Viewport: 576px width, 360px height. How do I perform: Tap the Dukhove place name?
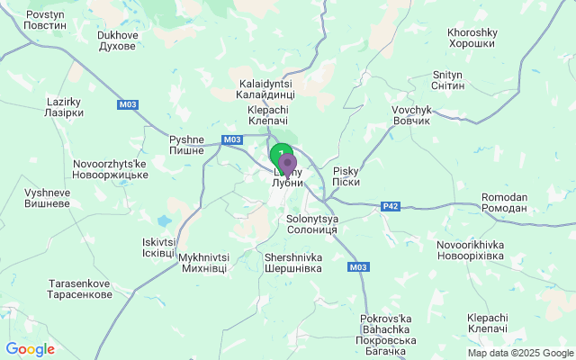tap(117, 41)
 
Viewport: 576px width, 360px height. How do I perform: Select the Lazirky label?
tap(64, 108)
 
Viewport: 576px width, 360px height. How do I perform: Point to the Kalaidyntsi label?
tap(265, 88)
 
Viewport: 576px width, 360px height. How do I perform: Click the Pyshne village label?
tap(188, 146)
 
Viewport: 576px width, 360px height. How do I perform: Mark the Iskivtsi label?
tap(159, 247)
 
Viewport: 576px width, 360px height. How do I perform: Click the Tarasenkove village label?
tap(80, 290)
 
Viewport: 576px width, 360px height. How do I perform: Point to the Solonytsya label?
tap(311, 224)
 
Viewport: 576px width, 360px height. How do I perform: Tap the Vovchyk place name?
tap(412, 114)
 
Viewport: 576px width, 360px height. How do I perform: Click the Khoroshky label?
tap(472, 38)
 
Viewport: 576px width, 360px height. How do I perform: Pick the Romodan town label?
tap(505, 202)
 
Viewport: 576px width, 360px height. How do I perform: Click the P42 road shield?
tap(391, 206)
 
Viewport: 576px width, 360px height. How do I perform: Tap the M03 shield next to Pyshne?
tap(232, 139)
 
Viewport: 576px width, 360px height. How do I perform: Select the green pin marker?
tap(279, 154)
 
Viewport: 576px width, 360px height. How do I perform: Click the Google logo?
tap(31, 349)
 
